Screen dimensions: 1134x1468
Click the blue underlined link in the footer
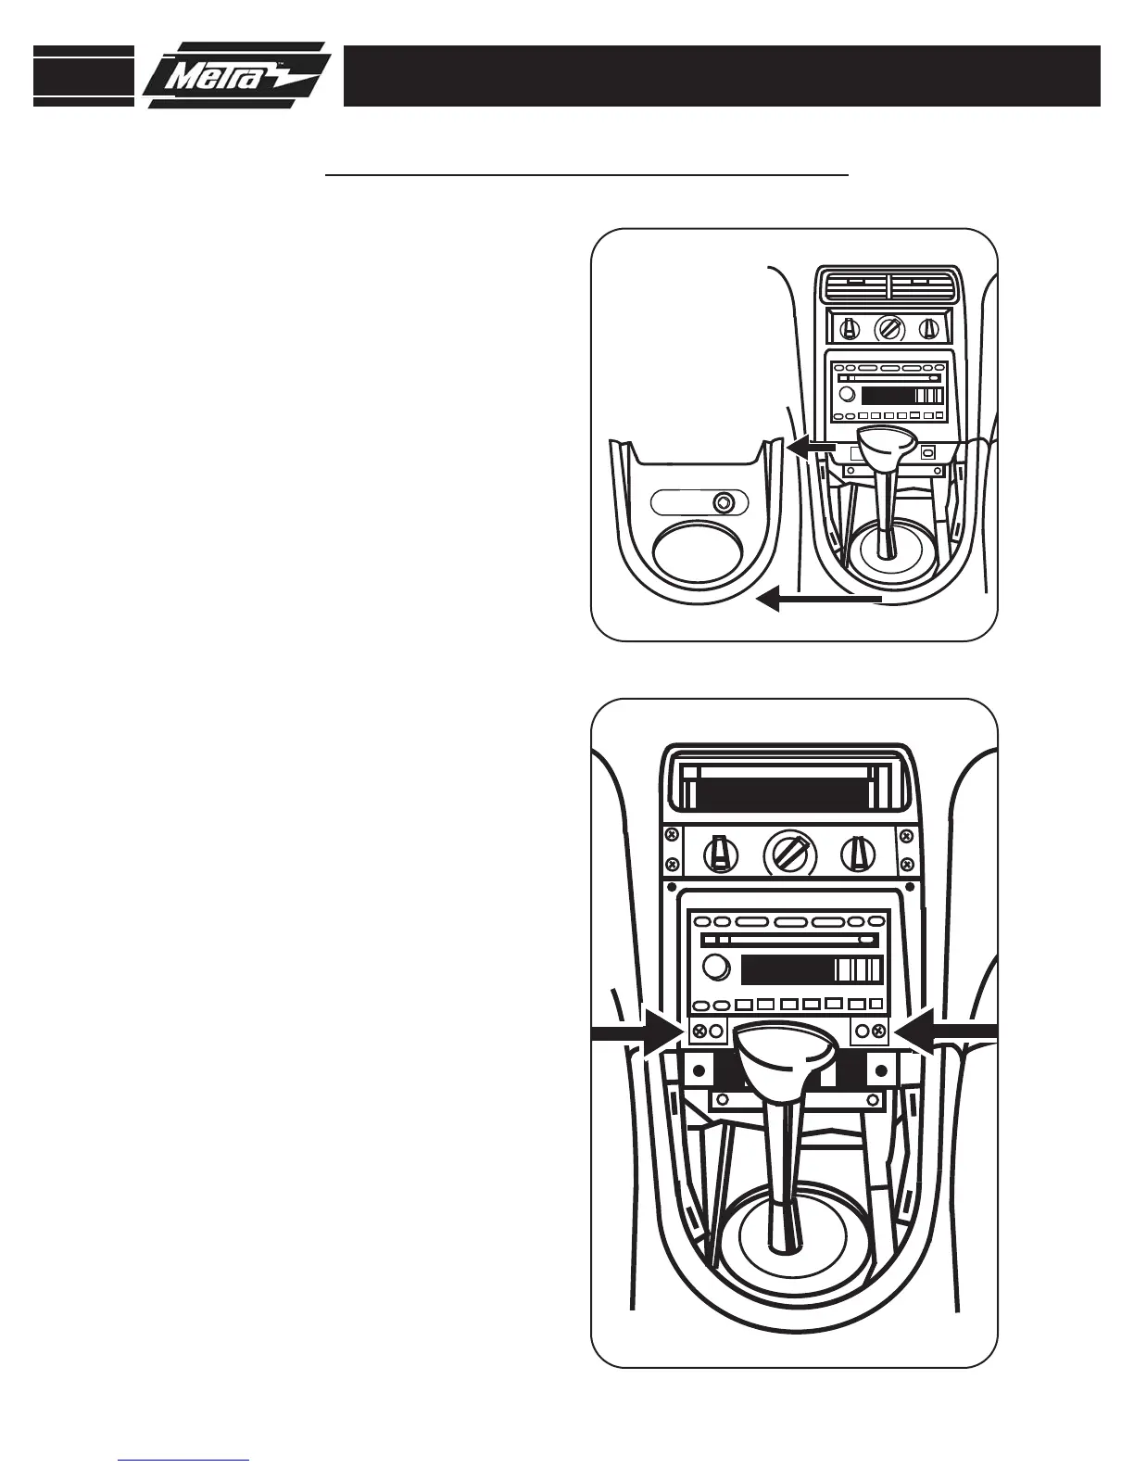[183, 1460]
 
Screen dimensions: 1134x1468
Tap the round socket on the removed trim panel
[723, 502]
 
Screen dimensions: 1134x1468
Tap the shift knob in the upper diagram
[887, 450]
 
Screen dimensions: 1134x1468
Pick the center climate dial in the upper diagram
[888, 327]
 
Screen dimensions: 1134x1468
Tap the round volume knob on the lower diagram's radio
[715, 968]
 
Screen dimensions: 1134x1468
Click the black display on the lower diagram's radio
[787, 970]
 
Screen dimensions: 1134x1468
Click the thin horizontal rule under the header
[586, 173]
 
